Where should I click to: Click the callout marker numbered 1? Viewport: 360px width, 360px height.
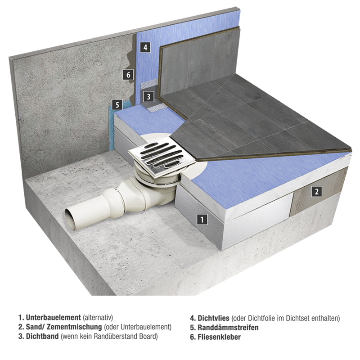tap(202, 219)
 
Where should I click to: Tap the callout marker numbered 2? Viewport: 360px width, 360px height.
tap(316, 191)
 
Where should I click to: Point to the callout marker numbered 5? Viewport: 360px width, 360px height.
tap(117, 105)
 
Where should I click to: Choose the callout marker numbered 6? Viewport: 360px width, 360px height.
tap(128, 75)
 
